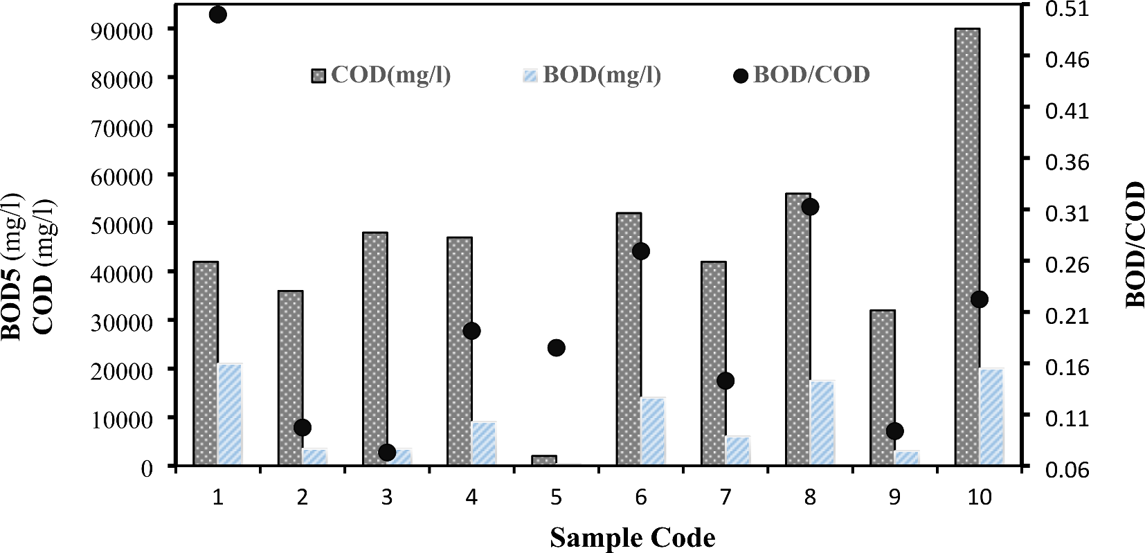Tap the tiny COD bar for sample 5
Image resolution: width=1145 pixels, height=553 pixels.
(x=544, y=460)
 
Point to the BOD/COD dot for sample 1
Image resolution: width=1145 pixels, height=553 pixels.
(x=217, y=15)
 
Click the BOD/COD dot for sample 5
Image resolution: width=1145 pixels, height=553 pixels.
(x=557, y=347)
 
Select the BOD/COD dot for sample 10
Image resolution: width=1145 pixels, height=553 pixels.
(x=979, y=299)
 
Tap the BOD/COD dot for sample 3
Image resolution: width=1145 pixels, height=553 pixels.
(x=387, y=452)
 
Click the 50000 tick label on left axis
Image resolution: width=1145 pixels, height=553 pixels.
(x=122, y=225)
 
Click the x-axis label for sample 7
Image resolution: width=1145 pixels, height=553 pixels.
(x=725, y=498)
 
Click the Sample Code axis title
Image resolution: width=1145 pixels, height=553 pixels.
(x=633, y=538)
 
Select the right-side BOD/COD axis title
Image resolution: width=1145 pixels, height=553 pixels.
(x=1133, y=244)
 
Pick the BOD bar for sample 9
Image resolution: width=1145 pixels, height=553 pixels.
(x=907, y=457)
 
